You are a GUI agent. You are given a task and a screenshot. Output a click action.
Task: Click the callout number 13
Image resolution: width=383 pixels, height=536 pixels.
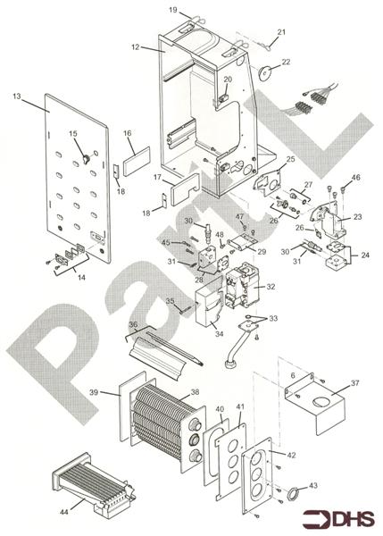[x=17, y=94]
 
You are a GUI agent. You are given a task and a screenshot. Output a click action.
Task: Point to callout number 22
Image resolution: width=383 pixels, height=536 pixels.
[x=286, y=62]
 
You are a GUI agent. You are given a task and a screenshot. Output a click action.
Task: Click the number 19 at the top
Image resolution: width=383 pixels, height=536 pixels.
[x=173, y=10]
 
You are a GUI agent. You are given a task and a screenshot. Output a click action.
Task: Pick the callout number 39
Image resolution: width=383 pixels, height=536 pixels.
[x=94, y=391]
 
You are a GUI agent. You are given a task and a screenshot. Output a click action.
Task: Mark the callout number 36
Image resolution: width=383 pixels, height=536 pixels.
[x=133, y=325]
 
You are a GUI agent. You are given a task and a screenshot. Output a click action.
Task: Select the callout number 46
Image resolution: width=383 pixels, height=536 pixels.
[x=356, y=179]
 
